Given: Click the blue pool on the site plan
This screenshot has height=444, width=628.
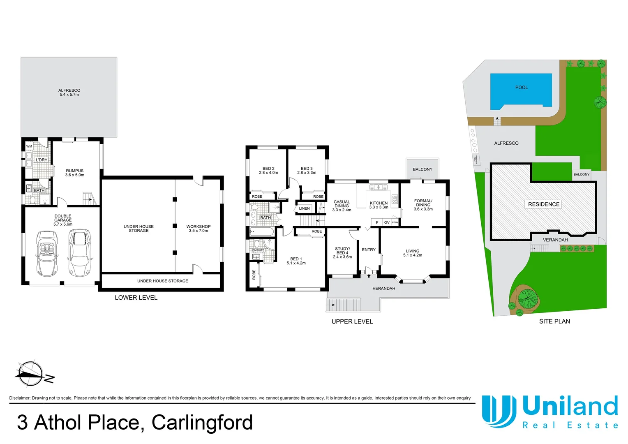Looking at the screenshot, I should (521, 91).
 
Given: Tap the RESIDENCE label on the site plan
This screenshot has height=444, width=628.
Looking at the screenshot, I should (543, 204).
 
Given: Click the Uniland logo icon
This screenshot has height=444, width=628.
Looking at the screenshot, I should (499, 411).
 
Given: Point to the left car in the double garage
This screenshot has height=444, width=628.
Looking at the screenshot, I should (47, 253).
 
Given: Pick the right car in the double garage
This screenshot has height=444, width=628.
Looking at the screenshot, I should (79, 253).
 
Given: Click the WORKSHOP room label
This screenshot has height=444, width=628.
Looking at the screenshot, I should (199, 227).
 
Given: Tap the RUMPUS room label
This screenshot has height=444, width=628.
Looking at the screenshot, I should (75, 171).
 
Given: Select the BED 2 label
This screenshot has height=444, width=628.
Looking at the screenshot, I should (268, 169).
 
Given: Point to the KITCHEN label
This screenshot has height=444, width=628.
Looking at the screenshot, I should (379, 203).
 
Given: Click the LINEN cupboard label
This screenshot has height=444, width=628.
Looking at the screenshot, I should (304, 208).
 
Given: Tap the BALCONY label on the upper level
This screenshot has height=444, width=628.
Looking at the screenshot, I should (423, 169).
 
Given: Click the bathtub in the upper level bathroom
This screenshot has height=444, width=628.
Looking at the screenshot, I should (262, 232).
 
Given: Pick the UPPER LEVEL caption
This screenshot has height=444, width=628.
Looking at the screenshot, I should (352, 321).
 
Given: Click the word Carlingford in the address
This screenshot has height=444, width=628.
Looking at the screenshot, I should (202, 423).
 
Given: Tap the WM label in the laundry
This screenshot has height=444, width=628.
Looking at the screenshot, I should (29, 146).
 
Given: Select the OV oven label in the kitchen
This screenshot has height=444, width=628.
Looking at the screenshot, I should (387, 222).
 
